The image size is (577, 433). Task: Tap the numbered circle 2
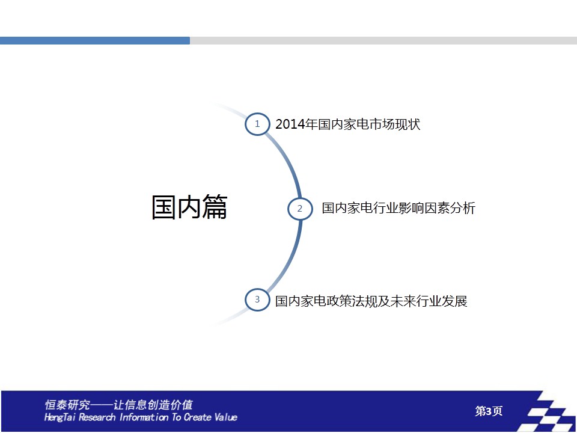300,209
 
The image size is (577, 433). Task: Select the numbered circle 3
257,299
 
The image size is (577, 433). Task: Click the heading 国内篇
189,207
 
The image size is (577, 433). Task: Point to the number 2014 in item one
290,124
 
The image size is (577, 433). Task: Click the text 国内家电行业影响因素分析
398,208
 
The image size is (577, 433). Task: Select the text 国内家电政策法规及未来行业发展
371,301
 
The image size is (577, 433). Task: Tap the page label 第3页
489,411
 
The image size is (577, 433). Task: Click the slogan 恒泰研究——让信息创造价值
118,405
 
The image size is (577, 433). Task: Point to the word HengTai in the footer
60,417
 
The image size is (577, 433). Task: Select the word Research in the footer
97,417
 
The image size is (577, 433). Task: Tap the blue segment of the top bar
95,40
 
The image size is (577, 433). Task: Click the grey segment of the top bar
383,40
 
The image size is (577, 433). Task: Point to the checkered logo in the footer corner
548,411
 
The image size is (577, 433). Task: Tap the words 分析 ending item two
463,208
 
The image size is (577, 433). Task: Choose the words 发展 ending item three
454,301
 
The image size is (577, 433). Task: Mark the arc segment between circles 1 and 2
288,161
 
